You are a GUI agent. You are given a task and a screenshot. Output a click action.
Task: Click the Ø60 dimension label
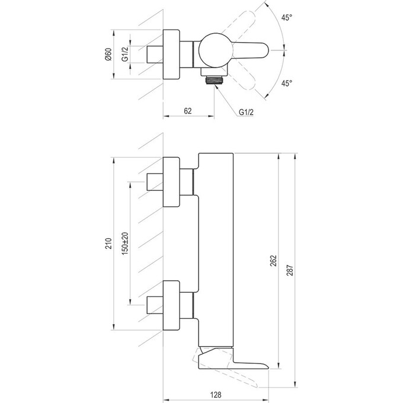108,55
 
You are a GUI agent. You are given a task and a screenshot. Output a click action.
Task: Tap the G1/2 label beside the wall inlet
126,55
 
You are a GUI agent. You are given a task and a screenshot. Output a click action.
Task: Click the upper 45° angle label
287,18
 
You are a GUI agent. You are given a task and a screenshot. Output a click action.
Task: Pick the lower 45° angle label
287,84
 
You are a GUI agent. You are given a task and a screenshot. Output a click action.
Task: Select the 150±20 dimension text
125,243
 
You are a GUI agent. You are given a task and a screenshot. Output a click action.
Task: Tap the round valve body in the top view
212,52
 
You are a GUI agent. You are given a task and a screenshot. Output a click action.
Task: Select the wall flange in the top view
171,55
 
